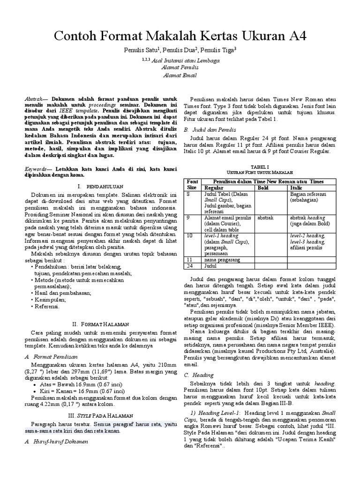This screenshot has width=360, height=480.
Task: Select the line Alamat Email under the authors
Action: (x=180, y=75)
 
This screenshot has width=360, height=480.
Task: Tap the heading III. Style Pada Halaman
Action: (x=98, y=415)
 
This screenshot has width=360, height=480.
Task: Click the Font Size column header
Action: (x=192, y=184)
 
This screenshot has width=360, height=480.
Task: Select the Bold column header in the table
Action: (x=263, y=187)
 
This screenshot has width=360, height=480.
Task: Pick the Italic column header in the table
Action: (x=297, y=187)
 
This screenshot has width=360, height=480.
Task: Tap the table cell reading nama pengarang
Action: (x=221, y=259)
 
